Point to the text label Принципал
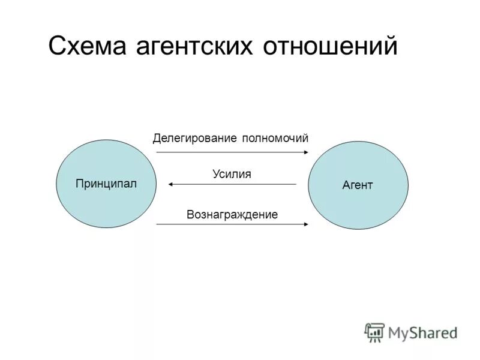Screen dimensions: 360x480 [x=106, y=183]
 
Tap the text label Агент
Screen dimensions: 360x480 [x=358, y=185]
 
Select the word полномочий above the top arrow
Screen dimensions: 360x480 [x=275, y=138]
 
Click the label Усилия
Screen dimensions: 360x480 [x=232, y=174]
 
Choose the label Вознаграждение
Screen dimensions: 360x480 [x=232, y=214]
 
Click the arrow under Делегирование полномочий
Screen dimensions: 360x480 [x=232, y=152]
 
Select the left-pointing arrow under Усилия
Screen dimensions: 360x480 [x=232, y=184]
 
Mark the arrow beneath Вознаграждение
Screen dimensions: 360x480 [x=232, y=224]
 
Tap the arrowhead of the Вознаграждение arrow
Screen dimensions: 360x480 [x=306, y=224]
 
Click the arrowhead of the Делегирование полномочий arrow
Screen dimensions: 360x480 [x=306, y=152]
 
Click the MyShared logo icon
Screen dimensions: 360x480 [x=374, y=332]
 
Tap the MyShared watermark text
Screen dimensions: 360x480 [x=422, y=332]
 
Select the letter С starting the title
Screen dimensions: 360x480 [x=56, y=46]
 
